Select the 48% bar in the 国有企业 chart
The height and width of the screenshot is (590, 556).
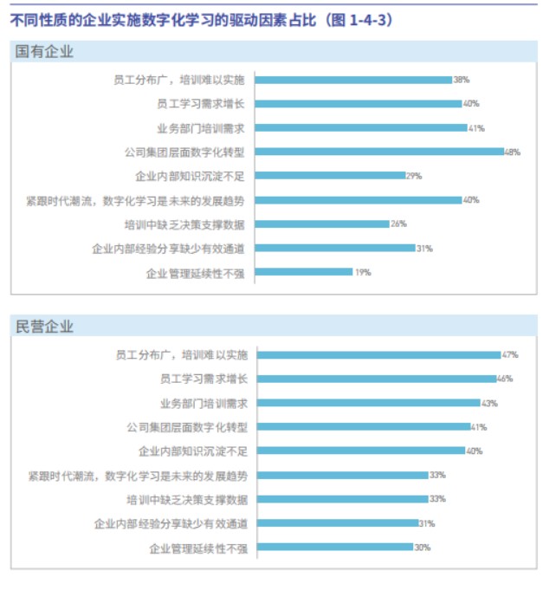pos(380,152)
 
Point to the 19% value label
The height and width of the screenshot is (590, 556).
pos(362,272)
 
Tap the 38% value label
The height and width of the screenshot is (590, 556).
pos(461,80)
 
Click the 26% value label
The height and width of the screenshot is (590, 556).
pos(398,224)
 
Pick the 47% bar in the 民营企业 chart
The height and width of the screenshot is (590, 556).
pos(378,354)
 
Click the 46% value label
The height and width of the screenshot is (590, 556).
pos(504,379)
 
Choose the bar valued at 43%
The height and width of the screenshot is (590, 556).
pos(368,403)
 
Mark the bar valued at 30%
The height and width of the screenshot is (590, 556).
pos(335,547)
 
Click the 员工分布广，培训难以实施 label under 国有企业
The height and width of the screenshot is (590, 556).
pos(179,80)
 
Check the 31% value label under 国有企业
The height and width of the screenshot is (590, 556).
pos(423,248)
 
